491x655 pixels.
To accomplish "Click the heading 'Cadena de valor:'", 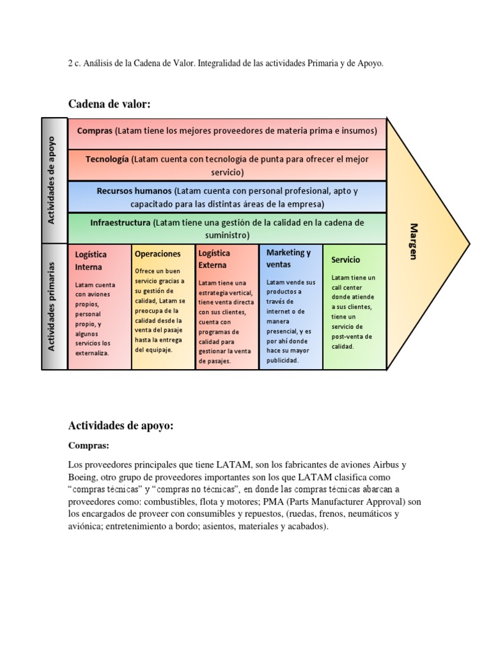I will pyautogui.click(x=109, y=104).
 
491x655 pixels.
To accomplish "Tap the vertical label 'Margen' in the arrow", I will pyautogui.click(x=414, y=241).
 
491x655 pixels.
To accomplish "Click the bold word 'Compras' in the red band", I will pyautogui.click(x=95, y=130).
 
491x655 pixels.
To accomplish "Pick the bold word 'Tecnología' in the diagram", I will pyautogui.click(x=106, y=159).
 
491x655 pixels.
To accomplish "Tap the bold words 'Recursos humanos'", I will pyautogui.click(x=134, y=191).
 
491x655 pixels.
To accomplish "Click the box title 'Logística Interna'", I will pyautogui.click(x=91, y=260).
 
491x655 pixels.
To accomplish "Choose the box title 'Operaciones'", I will pyautogui.click(x=157, y=254).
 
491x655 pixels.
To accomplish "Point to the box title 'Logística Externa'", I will pyautogui.click(x=214, y=258).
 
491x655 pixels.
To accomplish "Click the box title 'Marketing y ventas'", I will pyautogui.click(x=288, y=258).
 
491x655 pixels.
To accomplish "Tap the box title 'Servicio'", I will pyautogui.click(x=346, y=260).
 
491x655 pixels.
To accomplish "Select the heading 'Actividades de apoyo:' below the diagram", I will pyautogui.click(x=121, y=425).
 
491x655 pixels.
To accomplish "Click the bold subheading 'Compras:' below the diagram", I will pyautogui.click(x=90, y=446).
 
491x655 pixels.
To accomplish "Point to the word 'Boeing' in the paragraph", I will pyautogui.click(x=82, y=477).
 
